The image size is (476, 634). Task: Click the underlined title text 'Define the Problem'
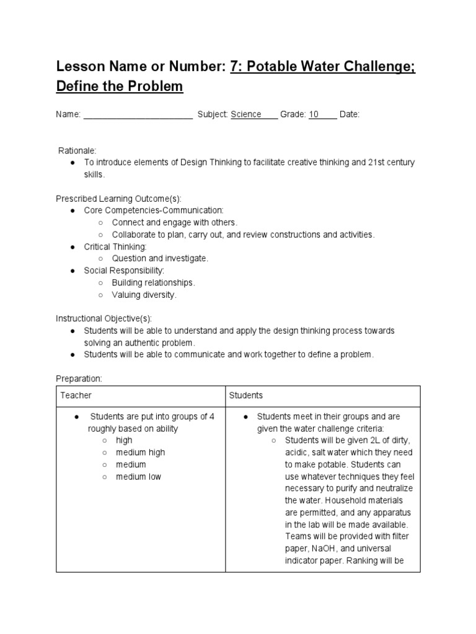pos(120,86)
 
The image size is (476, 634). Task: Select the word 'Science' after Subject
pos(246,115)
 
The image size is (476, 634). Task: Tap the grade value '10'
pos(314,115)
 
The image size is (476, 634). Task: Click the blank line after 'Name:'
pos(138,115)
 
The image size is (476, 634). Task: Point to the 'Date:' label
pos(350,115)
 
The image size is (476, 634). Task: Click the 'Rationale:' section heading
pos(77,150)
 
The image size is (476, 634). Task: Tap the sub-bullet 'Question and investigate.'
pos(160,258)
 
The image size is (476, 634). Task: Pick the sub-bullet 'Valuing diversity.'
pos(144,295)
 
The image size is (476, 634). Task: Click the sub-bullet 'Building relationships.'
pos(153,282)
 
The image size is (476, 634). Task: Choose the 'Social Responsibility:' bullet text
pos(124,271)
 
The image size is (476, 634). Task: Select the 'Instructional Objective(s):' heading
pos(104,319)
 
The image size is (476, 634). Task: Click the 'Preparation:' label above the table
pos(79,378)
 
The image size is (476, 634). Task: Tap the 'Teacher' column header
pos(76,395)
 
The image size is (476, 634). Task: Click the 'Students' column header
pos(246,395)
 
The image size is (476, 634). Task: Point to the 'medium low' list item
pos(138,476)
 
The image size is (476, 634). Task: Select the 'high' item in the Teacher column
pos(124,440)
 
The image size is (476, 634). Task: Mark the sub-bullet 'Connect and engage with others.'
pos(175,222)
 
